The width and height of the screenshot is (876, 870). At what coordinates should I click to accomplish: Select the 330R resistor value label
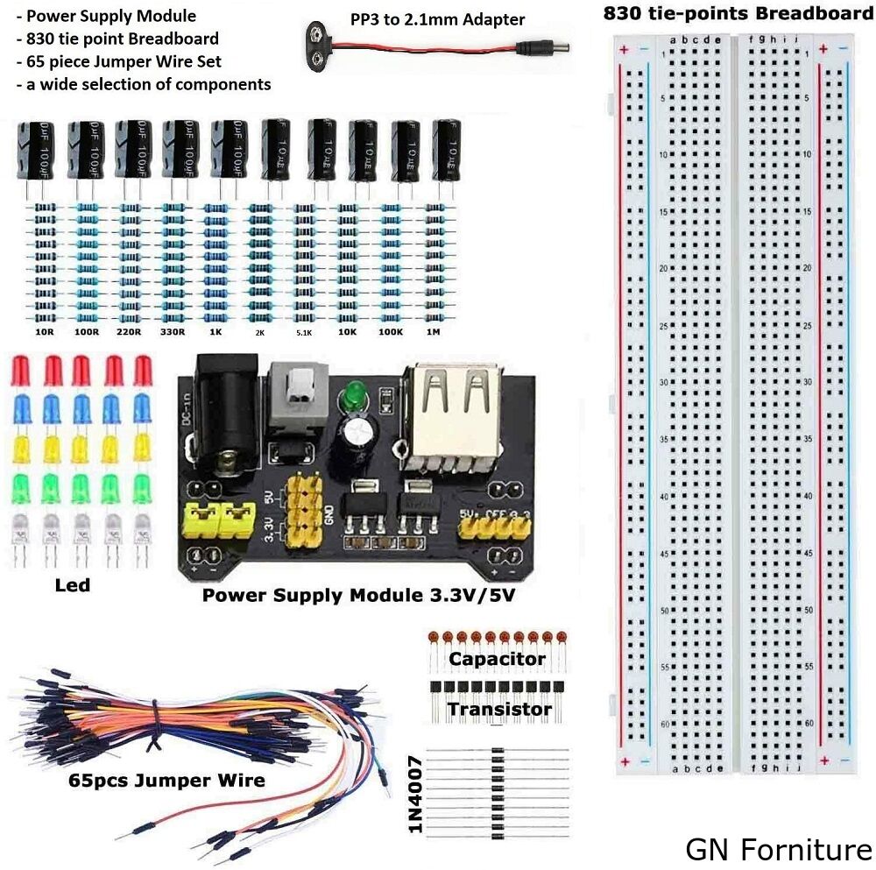click(x=174, y=334)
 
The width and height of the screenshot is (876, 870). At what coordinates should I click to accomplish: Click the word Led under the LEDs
click(x=72, y=584)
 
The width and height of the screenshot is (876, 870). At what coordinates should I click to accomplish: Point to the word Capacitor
click(x=497, y=659)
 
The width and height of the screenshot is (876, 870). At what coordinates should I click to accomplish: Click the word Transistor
click(x=500, y=709)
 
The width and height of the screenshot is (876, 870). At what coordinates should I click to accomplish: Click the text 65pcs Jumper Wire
click(x=166, y=779)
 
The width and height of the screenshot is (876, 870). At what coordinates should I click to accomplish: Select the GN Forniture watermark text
click(x=779, y=849)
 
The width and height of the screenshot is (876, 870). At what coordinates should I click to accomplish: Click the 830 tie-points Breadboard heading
click(x=737, y=13)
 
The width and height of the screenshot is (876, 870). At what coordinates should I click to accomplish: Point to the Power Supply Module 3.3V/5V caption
click(x=371, y=596)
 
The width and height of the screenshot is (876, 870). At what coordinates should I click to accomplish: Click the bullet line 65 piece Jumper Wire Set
click(x=118, y=61)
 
